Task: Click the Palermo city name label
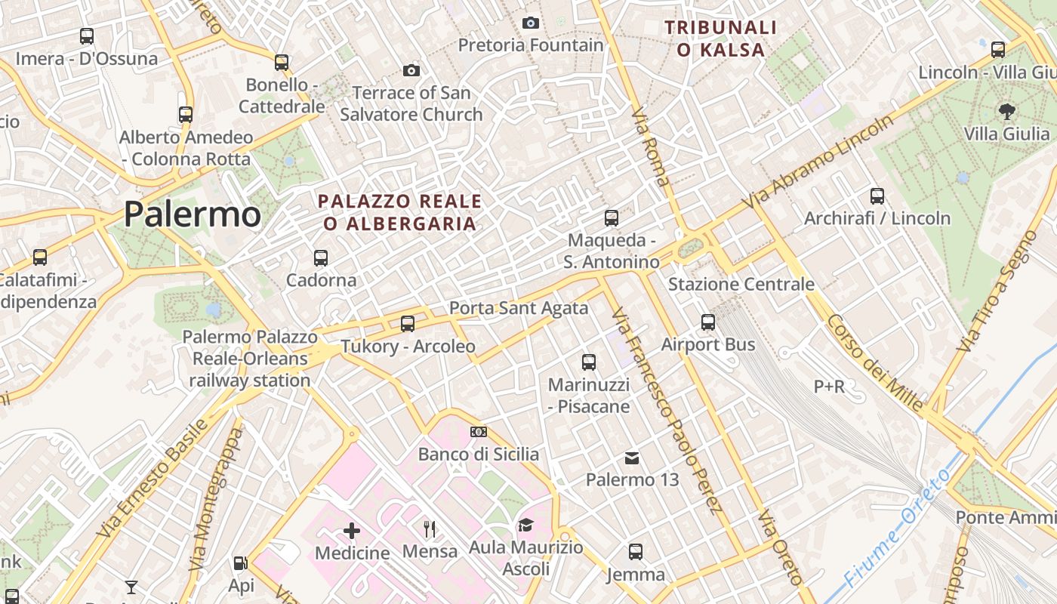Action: point(193,214)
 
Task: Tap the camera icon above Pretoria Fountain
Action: point(531,23)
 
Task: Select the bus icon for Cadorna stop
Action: point(321,258)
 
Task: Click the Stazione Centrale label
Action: point(741,285)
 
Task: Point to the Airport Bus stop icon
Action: point(708,322)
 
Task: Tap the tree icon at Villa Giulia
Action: point(1006,112)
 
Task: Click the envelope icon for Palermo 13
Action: point(632,458)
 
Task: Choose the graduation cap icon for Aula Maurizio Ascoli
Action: point(525,525)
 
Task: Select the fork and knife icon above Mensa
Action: point(430,528)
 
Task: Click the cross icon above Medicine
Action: point(352,531)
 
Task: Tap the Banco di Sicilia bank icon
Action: point(479,432)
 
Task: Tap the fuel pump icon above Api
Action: point(240,562)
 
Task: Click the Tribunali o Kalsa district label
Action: point(720,39)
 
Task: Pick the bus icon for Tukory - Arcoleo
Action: point(408,324)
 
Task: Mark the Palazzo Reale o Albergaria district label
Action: point(400,212)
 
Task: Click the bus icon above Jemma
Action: point(636,552)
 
